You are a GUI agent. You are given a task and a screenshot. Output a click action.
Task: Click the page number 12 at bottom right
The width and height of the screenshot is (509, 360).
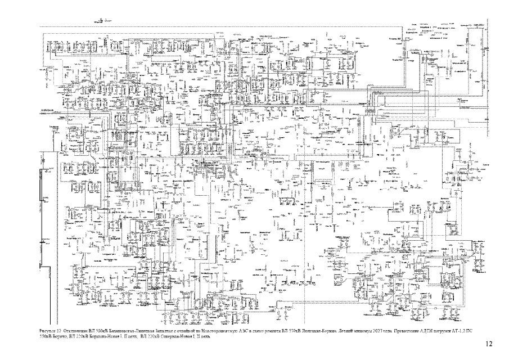(x=488, y=343)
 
